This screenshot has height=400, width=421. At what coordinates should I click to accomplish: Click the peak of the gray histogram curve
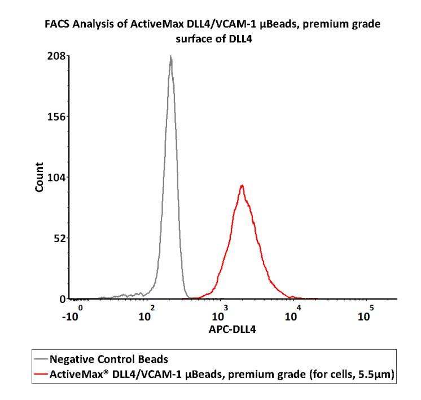170,56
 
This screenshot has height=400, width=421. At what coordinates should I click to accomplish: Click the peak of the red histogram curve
242,185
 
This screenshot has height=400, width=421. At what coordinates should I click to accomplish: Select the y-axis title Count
40,177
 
